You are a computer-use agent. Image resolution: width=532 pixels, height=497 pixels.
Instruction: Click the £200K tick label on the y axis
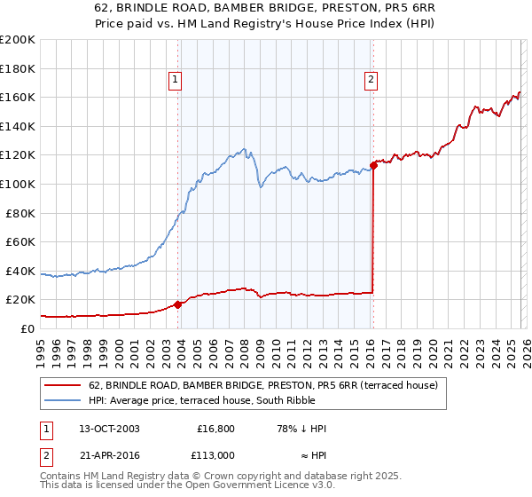click(x=18, y=40)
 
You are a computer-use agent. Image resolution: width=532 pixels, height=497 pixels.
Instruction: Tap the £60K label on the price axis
click(x=20, y=241)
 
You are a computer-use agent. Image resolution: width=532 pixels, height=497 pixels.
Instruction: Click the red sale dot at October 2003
click(x=177, y=304)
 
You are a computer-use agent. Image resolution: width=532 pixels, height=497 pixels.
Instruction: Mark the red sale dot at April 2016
click(x=373, y=164)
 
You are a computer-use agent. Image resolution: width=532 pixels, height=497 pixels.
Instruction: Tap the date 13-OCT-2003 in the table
click(x=109, y=429)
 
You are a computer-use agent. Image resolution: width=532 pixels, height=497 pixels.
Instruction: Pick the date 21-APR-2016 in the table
click(x=109, y=454)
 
